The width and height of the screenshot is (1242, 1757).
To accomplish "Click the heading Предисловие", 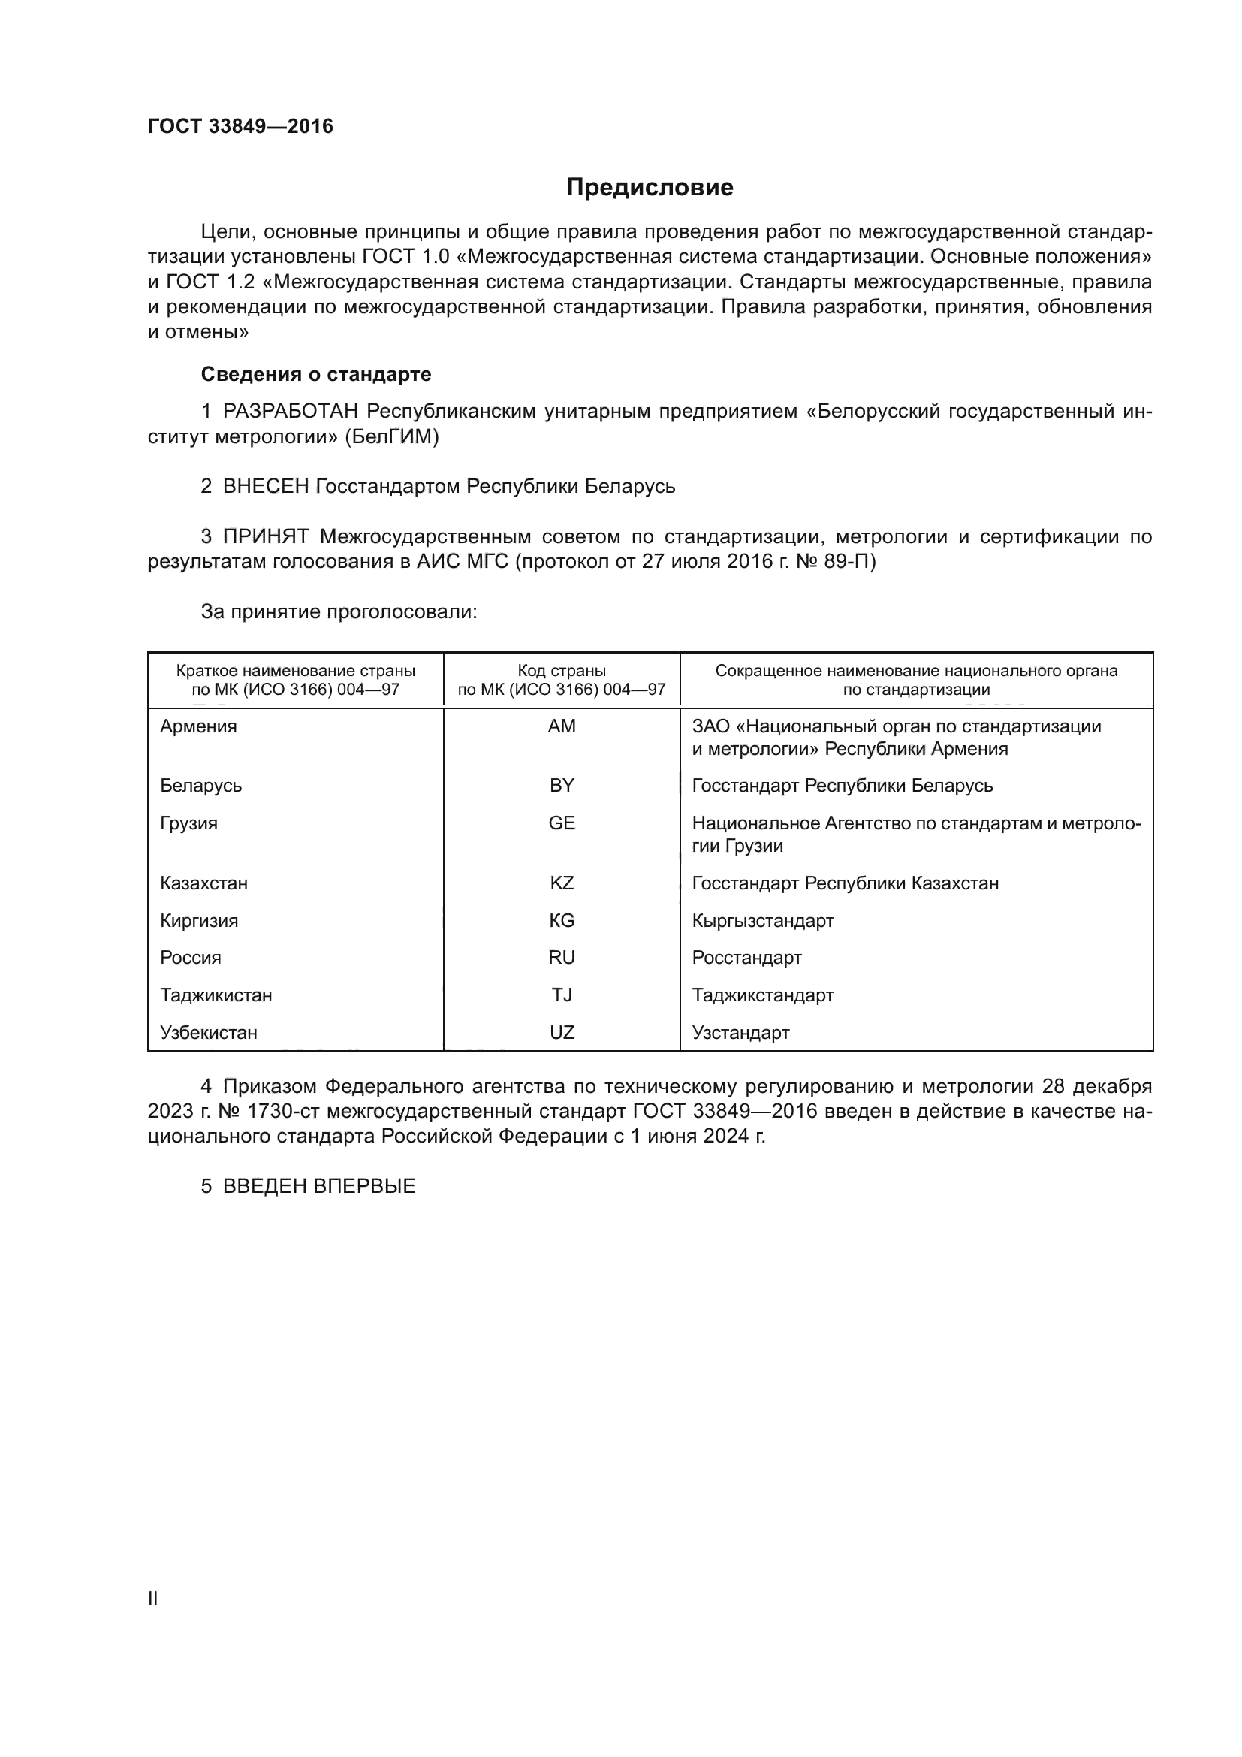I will coord(650,188).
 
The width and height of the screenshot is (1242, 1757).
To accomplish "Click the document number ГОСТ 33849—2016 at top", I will coord(240,126).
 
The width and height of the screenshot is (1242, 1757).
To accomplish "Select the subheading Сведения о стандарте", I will coord(316,374).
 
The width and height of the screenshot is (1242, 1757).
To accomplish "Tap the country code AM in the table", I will coord(562,726).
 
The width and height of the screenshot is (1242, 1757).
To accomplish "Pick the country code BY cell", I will coord(562,786).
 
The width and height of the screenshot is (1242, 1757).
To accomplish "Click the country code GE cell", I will coord(562,823).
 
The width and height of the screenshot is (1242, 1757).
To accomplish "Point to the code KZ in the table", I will coord(562,883).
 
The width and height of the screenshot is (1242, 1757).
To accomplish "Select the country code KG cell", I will coord(562,921).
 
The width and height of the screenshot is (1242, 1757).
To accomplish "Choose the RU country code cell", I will coord(562,958).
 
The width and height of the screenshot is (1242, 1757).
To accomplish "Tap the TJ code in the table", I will coord(562,995).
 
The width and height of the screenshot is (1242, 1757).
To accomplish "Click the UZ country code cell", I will coord(562,1033).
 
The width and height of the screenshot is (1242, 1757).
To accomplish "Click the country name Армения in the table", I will coord(198,726).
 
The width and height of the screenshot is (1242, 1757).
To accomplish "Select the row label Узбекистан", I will coord(208,1033).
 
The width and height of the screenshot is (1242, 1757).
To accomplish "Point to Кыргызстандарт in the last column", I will coord(762,921).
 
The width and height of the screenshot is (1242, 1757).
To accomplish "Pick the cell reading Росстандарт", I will coord(746,958).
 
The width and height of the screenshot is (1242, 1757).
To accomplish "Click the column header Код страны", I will coord(562,671).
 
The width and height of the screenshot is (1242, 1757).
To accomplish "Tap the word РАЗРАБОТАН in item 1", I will coord(290,412).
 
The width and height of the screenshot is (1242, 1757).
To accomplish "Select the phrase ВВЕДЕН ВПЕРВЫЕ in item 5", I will coord(319,1187).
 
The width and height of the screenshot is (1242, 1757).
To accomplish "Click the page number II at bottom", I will coord(153,1599).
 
